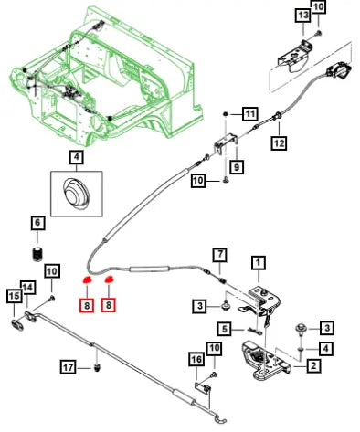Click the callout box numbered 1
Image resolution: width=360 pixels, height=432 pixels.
[x=259, y=263]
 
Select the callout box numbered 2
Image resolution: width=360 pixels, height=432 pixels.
[x=313, y=365]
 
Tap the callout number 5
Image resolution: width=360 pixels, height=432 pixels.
[x=225, y=329]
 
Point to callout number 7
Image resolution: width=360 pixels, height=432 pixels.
[x=220, y=255]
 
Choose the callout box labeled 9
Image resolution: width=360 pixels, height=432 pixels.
[x=237, y=166]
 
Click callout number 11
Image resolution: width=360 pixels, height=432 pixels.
[x=250, y=114]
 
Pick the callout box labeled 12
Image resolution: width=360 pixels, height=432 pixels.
[x=279, y=142]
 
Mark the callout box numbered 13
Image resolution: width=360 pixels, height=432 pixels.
[x=303, y=16]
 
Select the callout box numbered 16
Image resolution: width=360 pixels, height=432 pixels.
[x=196, y=360]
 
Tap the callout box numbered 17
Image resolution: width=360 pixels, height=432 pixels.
[x=68, y=367]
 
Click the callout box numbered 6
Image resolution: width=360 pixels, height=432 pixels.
[x=37, y=223]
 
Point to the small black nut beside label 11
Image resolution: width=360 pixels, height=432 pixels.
[x=226, y=114]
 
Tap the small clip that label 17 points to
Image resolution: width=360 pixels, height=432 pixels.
[x=97, y=367]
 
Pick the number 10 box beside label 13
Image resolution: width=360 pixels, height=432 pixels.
[x=318, y=6]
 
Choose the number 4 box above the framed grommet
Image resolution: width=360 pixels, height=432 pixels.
[x=76, y=157]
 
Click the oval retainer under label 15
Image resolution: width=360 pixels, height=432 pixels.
[x=17, y=325]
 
